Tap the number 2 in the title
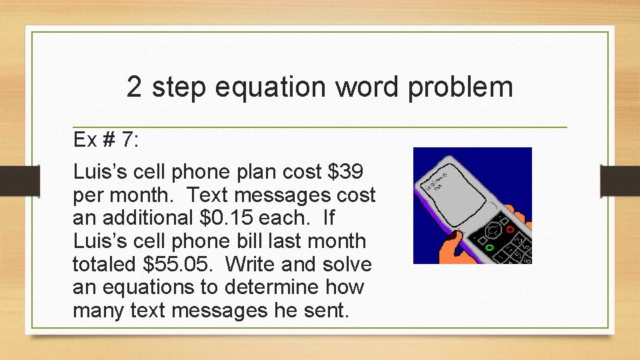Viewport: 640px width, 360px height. pyautogui.click(x=134, y=87)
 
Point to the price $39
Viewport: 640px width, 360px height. pyautogui.click(x=347, y=172)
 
